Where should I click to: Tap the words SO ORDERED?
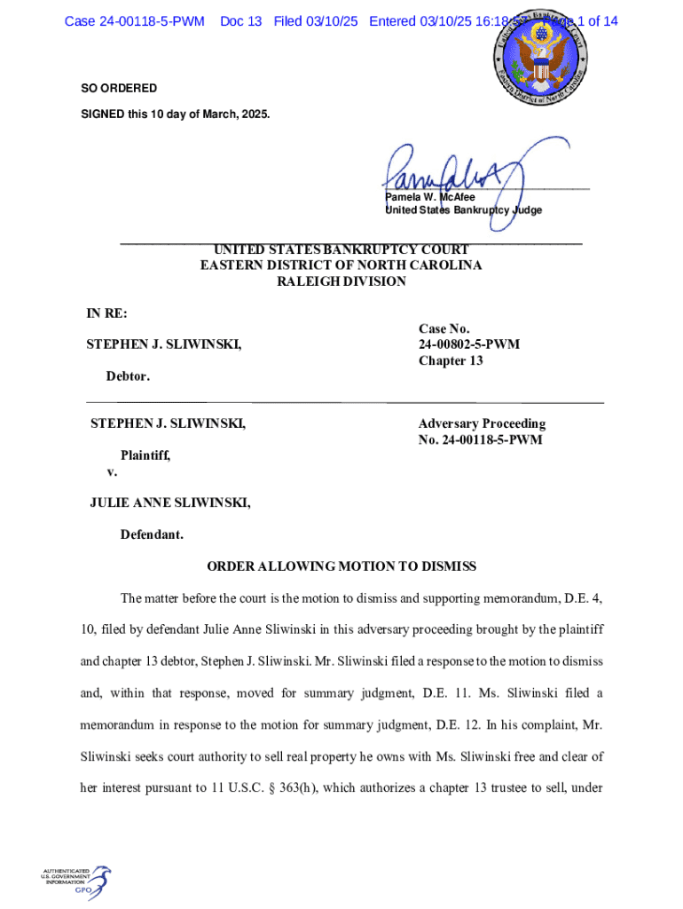119,89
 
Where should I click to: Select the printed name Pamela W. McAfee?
429,197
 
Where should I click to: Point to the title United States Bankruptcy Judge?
462,210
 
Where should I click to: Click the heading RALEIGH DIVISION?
341,281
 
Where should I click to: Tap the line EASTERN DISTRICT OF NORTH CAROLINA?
341,265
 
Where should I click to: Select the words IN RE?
106,313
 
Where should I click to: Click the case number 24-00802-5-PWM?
468,344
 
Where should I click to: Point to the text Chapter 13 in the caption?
451,360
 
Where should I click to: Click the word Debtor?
128,376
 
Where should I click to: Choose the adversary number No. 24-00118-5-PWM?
480,439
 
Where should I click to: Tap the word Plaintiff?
145,455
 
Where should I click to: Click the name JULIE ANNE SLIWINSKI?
169,503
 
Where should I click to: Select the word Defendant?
152,534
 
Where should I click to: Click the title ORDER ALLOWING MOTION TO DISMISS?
341,566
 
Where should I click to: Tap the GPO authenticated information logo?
75,880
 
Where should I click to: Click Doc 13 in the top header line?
240,20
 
